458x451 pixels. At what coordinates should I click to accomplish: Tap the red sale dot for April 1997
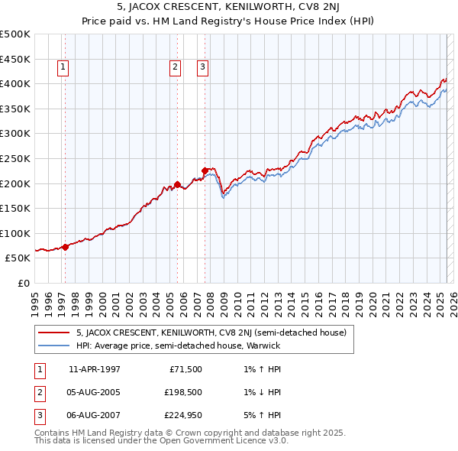coord(65,247)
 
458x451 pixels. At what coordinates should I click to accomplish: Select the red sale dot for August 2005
coord(177,184)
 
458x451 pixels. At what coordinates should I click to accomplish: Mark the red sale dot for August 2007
coord(205,170)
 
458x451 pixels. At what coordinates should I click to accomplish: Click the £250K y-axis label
coord(15,158)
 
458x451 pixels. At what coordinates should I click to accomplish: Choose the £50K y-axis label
coord(18,258)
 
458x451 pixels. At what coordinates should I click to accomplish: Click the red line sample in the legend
coord(53,333)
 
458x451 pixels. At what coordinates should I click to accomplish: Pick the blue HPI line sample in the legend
coord(53,346)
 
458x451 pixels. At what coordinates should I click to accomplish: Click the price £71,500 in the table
coord(185,369)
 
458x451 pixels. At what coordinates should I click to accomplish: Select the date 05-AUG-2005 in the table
coord(94,393)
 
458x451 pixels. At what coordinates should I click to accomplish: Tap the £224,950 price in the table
coord(182,417)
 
